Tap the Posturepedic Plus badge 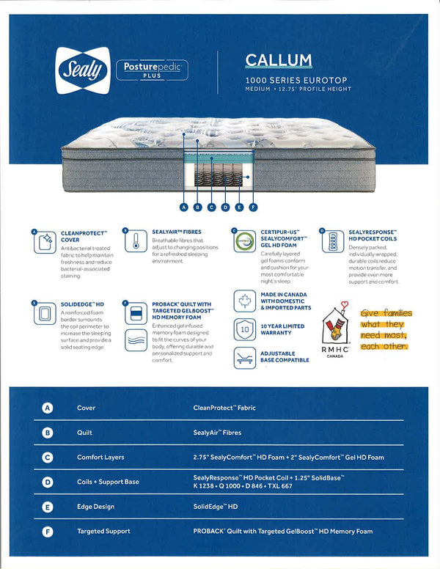[x=152, y=70]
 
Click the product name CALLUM [x=278, y=60]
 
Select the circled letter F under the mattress [x=254, y=208]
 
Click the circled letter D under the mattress [x=226, y=208]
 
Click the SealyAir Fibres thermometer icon [x=136, y=241]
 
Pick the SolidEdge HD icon [x=45, y=314]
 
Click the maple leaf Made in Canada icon [x=245, y=301]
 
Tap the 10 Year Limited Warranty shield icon [x=245, y=329]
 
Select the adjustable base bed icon [x=245, y=357]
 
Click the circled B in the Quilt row [x=48, y=433]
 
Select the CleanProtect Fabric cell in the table [x=224, y=408]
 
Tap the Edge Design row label [x=96, y=507]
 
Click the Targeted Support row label [x=103, y=531]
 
